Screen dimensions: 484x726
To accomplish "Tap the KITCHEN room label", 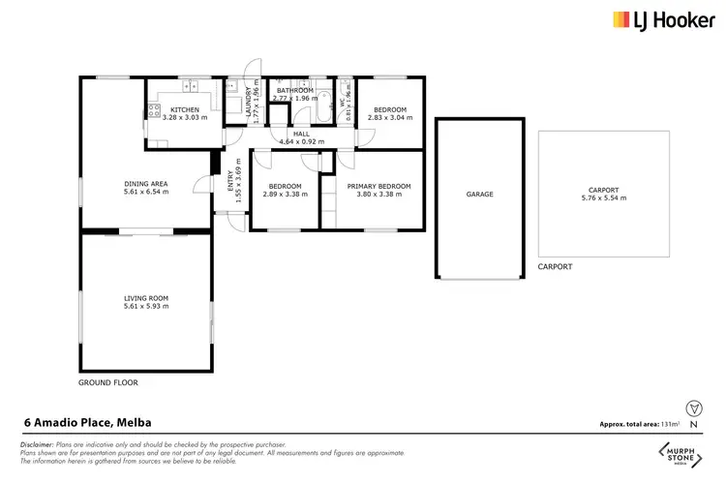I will pos(185,110).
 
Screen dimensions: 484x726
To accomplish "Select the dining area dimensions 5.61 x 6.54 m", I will pos(146,192).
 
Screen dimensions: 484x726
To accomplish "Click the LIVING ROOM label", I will pos(146,297).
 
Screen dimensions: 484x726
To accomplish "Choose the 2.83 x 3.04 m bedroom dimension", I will pos(391,117).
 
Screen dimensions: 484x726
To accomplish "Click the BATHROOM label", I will pos(294,90).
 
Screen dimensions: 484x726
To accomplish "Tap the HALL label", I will pos(301,134).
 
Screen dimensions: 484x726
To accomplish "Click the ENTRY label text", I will pos(230,181).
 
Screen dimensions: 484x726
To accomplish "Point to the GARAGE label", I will pos(480,195).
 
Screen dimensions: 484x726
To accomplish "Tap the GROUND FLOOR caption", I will pos(108,382).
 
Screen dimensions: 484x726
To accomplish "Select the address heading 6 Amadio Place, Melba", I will pos(87,422).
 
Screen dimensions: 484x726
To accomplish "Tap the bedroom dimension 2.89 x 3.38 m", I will pos(285,195).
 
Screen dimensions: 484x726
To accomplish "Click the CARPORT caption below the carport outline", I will pos(556,266).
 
